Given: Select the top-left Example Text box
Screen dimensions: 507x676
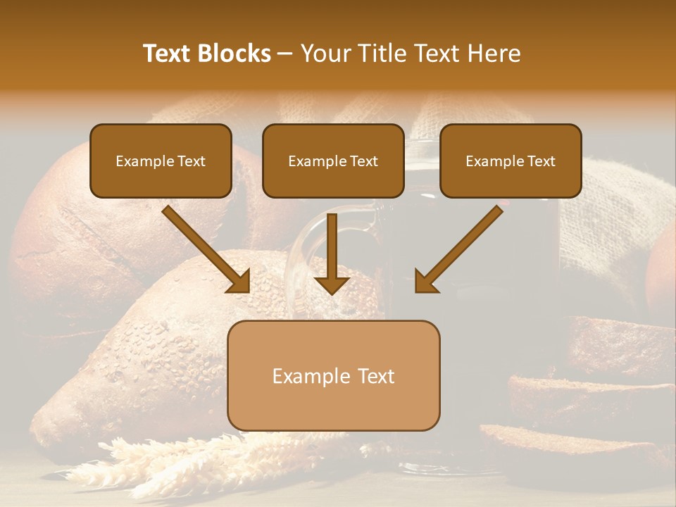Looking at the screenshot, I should tap(161, 161).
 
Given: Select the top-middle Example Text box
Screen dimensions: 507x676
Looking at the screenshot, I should tap(333, 161).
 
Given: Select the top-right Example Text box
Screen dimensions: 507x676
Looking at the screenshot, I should tap(511, 161).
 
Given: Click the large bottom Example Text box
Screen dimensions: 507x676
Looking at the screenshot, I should tap(333, 375).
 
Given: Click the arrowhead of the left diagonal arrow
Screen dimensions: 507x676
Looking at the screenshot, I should tap(239, 282).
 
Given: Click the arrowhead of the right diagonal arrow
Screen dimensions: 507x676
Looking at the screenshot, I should tap(425, 282).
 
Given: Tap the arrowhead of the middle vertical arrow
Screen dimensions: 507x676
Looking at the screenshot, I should tap(332, 284).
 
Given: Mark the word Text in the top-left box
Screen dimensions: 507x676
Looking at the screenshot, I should tap(192, 161).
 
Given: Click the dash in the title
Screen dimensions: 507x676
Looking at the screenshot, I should tap(285, 54).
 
